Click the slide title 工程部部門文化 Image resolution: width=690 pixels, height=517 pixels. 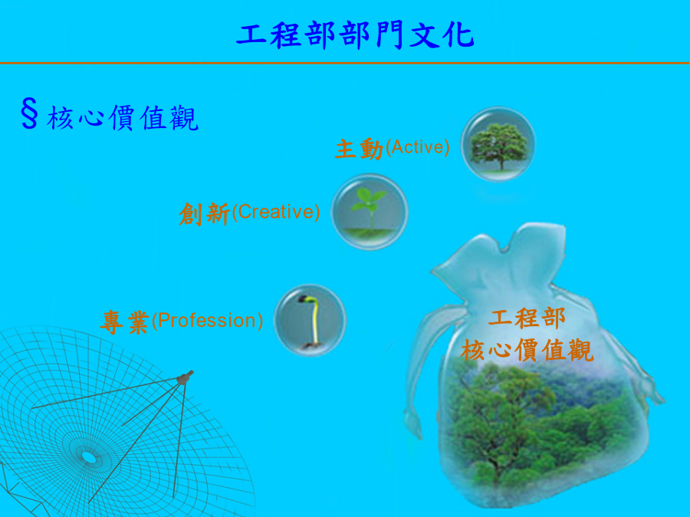click(x=355, y=35)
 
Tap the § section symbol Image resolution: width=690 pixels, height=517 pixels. click(x=29, y=114)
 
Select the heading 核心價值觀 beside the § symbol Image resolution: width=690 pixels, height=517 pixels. click(x=123, y=118)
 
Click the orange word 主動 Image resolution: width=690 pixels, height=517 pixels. click(x=359, y=149)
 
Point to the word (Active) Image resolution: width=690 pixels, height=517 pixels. click(x=418, y=147)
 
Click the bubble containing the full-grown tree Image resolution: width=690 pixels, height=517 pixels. click(x=498, y=144)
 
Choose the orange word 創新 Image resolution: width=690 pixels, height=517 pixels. click(x=204, y=214)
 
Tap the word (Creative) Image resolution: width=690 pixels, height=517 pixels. click(x=275, y=212)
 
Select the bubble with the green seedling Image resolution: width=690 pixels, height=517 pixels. click(x=370, y=212)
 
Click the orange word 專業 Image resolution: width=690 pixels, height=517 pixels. click(x=125, y=322)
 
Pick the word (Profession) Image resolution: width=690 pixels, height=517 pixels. click(x=207, y=320)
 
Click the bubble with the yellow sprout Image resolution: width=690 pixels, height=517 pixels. click(x=310, y=320)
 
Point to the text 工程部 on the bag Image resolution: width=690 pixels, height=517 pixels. click(x=526, y=318)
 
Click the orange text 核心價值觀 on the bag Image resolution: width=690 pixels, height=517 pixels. click(x=527, y=349)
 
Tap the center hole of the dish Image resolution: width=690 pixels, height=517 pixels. click(x=88, y=458)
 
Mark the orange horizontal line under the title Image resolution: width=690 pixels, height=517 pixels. click(x=344, y=64)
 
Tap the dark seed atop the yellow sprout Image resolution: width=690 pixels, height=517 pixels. click(x=304, y=299)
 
